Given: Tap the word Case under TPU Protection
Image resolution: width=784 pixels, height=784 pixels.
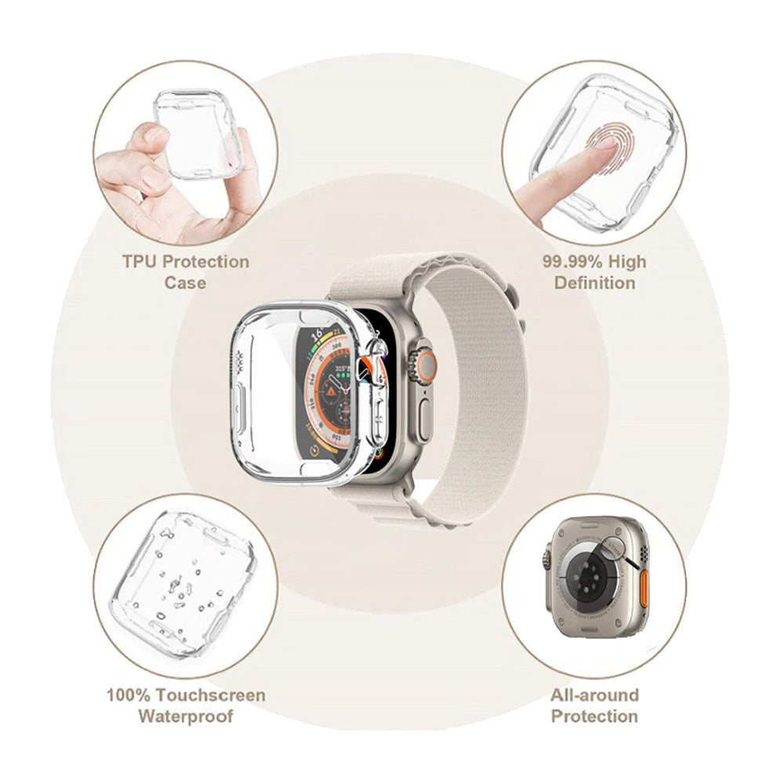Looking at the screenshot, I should click(185, 282).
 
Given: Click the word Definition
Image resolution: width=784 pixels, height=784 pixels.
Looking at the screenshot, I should click(594, 282).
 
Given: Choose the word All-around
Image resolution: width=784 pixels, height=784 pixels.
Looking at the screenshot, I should click(594, 695).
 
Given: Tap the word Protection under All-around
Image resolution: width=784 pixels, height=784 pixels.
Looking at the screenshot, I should click(594, 716).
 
